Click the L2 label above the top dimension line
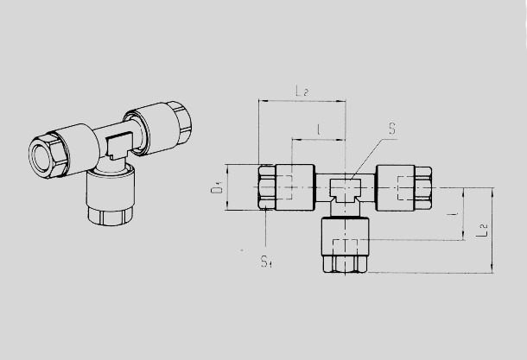tap(302, 91)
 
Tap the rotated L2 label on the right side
tap(482, 231)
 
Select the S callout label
tap(392, 129)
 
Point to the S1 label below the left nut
tap(266, 262)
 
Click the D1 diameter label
tap(217, 188)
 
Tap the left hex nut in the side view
tap(267, 187)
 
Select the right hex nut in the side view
tap(423, 188)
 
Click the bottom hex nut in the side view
tap(346, 264)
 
